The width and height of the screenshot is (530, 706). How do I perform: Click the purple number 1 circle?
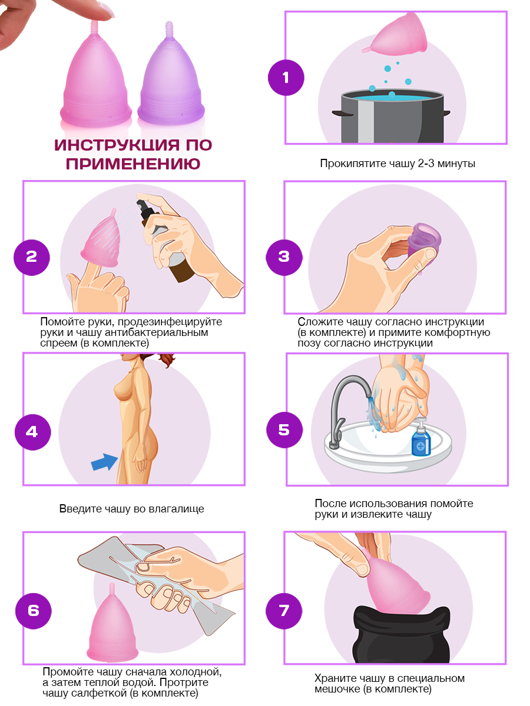click(x=286, y=78)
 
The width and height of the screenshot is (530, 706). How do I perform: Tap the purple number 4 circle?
click(x=32, y=432)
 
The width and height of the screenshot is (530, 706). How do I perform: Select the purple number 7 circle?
click(x=283, y=611)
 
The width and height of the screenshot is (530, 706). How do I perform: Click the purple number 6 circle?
click(x=33, y=611)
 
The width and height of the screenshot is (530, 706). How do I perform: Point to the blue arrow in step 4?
click(x=104, y=462)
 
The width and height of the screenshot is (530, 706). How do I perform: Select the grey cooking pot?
click(x=392, y=116)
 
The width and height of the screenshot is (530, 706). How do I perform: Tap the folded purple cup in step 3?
click(x=424, y=242)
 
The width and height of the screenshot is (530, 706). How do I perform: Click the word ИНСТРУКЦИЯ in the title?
click(x=116, y=145)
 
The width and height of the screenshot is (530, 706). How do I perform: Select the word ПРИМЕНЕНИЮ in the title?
click(x=133, y=164)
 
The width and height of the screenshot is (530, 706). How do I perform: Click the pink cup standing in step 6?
click(x=112, y=622)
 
